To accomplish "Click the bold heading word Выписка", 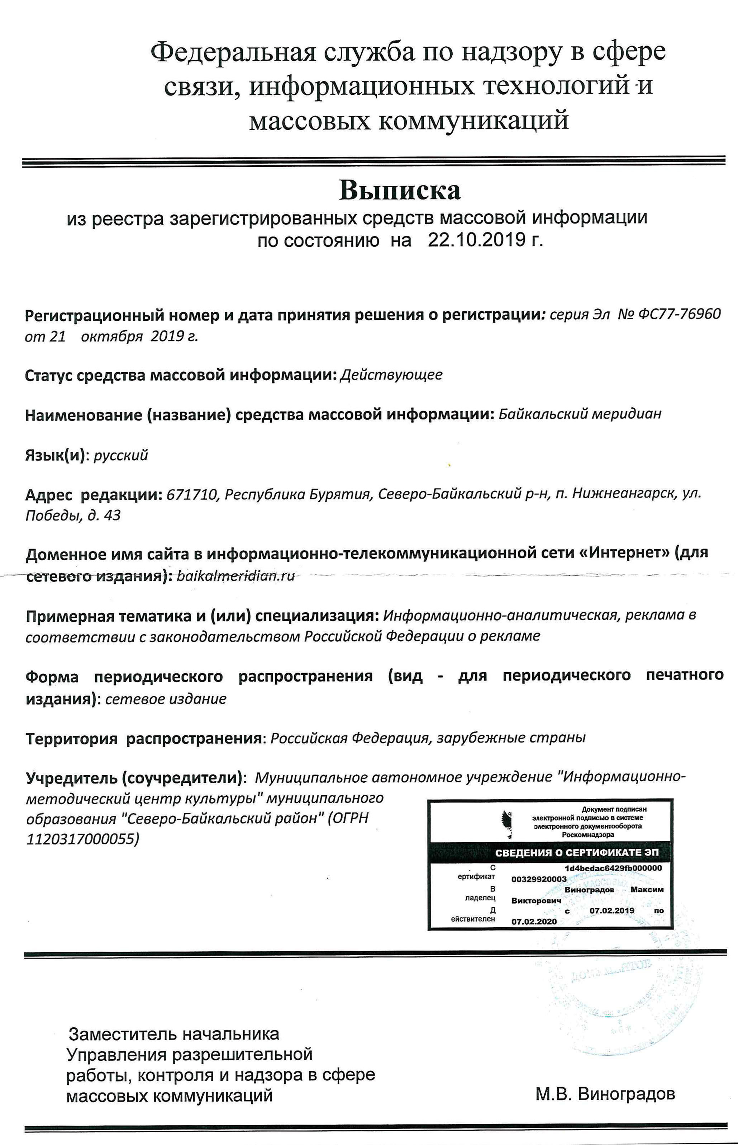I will [x=400, y=190].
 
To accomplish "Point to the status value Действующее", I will [x=391, y=374].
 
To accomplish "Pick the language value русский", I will [x=121, y=455].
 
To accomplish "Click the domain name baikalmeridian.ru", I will [x=236, y=576].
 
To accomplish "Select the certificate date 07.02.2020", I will [x=534, y=922].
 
